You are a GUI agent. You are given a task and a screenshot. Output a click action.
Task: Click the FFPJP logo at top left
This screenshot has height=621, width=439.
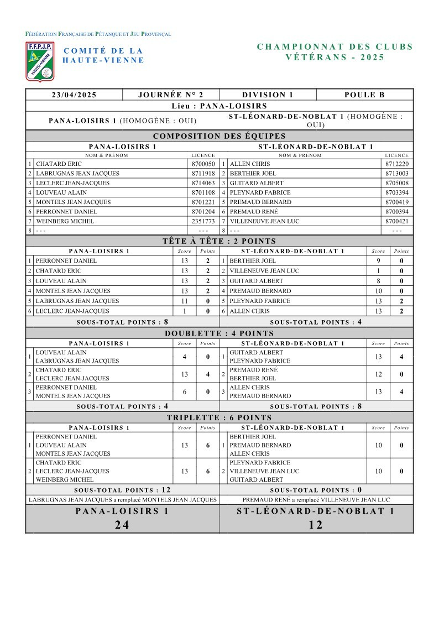pos(40,60)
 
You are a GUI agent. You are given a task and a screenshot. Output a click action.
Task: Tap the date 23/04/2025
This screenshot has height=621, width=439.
pos(74,95)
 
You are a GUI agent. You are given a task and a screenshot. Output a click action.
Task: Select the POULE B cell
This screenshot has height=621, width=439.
pos(364,95)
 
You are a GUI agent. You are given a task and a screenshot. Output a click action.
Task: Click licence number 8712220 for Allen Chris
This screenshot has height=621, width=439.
pos(397,164)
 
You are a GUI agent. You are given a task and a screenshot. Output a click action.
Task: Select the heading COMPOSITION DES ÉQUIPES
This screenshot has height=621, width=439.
pos(219,136)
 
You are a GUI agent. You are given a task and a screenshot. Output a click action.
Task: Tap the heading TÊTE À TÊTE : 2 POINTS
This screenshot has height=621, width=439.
pos(219,241)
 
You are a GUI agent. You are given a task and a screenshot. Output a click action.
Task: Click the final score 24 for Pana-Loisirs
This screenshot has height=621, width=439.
pos(122,525)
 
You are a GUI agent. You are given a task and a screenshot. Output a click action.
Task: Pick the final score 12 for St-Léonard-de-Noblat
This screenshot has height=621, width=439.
pos(316,525)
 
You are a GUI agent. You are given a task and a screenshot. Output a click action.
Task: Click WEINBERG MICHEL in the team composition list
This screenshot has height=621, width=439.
pos(65,221)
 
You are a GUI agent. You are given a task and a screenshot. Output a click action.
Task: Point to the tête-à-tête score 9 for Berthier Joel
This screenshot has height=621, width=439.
pos(378,261)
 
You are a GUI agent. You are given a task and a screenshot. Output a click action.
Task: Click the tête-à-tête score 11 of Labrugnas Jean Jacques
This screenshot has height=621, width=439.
pos(184,301)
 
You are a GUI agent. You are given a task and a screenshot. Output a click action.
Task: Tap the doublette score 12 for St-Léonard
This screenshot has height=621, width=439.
pos(378,374)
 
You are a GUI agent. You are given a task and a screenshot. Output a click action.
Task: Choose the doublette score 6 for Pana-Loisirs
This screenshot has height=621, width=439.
pos(184,392)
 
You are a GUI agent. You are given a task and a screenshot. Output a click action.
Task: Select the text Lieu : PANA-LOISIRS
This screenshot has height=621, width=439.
pos(219,106)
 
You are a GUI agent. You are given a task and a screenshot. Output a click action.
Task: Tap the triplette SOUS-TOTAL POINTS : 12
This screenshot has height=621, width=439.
pos(122,490)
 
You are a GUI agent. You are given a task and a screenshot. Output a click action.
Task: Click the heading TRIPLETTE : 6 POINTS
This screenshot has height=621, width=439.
pos(219,418)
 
